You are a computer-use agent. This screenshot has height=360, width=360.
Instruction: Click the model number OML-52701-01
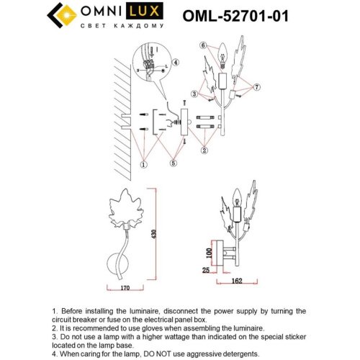(238, 15)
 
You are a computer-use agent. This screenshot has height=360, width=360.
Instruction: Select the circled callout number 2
(204, 150)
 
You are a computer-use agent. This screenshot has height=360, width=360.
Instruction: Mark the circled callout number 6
(204, 45)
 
